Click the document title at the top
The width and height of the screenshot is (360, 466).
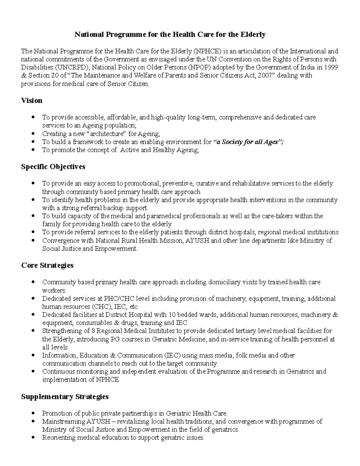pos(170,35)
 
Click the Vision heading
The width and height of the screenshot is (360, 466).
pos(31,101)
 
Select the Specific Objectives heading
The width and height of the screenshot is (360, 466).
pos(53,167)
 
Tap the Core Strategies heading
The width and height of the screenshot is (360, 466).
pos(47,265)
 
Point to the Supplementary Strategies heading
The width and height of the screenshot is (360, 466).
pos(65,397)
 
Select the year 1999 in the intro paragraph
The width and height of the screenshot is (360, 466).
pos(331,67)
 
